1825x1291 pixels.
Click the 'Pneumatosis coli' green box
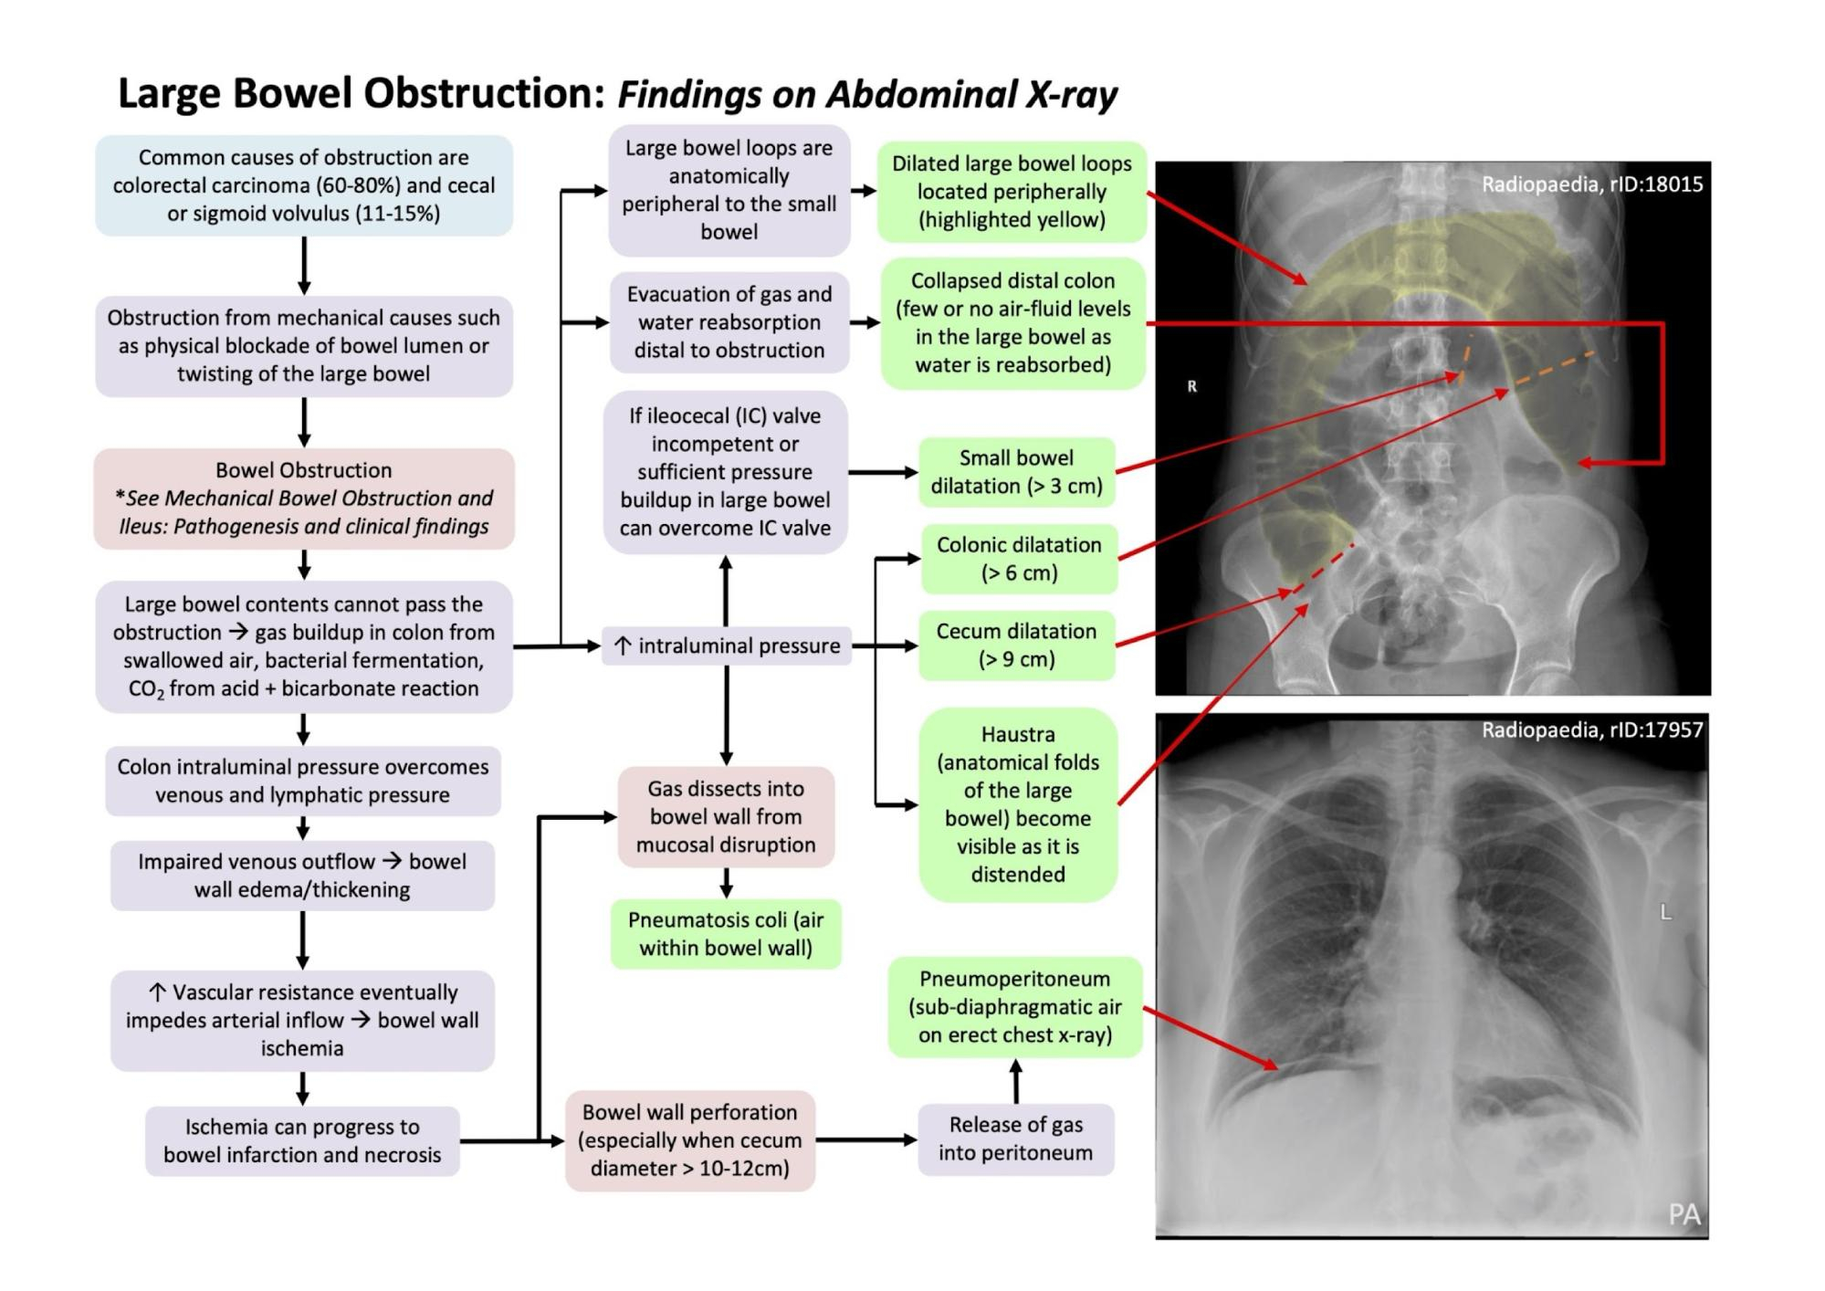pos(726,934)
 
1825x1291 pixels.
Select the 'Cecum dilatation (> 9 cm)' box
pos(1016,645)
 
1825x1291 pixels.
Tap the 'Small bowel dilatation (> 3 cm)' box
pos(1016,472)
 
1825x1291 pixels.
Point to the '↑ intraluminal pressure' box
pos(727,645)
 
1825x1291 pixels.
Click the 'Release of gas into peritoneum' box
pos(1015,1139)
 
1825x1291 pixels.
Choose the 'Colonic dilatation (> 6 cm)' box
pos(1019,559)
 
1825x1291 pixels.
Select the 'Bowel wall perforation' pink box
pos(690,1140)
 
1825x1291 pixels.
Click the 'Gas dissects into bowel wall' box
pos(726,816)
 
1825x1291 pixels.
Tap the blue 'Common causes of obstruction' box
pos(304,185)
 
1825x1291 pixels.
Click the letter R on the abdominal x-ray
pos(1191,386)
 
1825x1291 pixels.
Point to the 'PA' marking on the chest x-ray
pos(1683,1214)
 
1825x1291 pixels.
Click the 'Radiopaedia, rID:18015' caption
pos(1591,184)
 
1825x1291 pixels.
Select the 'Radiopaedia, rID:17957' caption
pos(1591,730)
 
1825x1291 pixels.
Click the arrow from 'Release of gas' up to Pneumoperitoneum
pos(1016,1081)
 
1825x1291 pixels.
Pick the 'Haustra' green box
pos(1018,804)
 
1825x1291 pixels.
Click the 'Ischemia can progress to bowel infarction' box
pos(302,1140)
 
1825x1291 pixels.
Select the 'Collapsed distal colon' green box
pos(1012,323)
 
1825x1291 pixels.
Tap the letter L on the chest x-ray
pos(1665,912)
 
